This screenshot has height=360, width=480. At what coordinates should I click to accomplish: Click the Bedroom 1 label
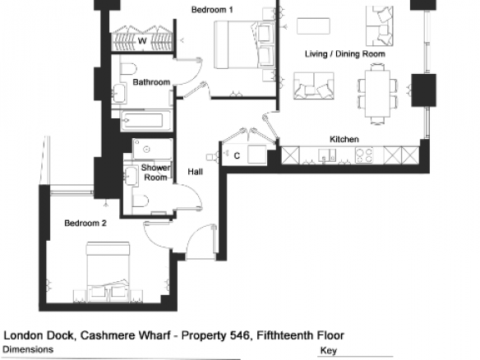click(212, 10)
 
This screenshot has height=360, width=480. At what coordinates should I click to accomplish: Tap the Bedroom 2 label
click(85, 224)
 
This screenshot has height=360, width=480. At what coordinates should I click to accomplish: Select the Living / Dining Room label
click(345, 54)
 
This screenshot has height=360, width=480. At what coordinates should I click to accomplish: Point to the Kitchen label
click(344, 139)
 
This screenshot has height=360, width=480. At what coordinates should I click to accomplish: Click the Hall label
click(196, 172)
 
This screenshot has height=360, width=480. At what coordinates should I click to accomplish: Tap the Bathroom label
click(151, 82)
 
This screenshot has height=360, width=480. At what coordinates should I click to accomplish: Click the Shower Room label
click(155, 173)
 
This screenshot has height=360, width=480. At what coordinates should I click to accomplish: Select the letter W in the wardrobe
click(142, 41)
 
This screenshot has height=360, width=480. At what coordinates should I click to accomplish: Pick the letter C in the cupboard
click(237, 156)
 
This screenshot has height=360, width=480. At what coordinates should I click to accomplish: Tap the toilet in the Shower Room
click(141, 201)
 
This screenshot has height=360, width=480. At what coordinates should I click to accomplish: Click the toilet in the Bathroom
click(128, 69)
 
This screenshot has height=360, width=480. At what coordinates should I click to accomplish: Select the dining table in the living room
click(377, 94)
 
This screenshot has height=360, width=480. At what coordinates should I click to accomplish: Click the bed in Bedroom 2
click(108, 272)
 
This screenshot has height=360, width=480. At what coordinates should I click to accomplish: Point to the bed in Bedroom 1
click(245, 44)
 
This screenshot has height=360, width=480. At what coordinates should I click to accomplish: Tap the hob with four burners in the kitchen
click(364, 155)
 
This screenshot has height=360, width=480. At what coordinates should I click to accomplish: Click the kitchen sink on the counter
click(327, 155)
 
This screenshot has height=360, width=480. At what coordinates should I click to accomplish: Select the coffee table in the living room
click(313, 26)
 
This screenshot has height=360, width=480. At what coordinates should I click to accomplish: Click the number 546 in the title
click(240, 335)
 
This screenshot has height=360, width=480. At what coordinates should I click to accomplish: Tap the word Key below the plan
click(329, 350)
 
